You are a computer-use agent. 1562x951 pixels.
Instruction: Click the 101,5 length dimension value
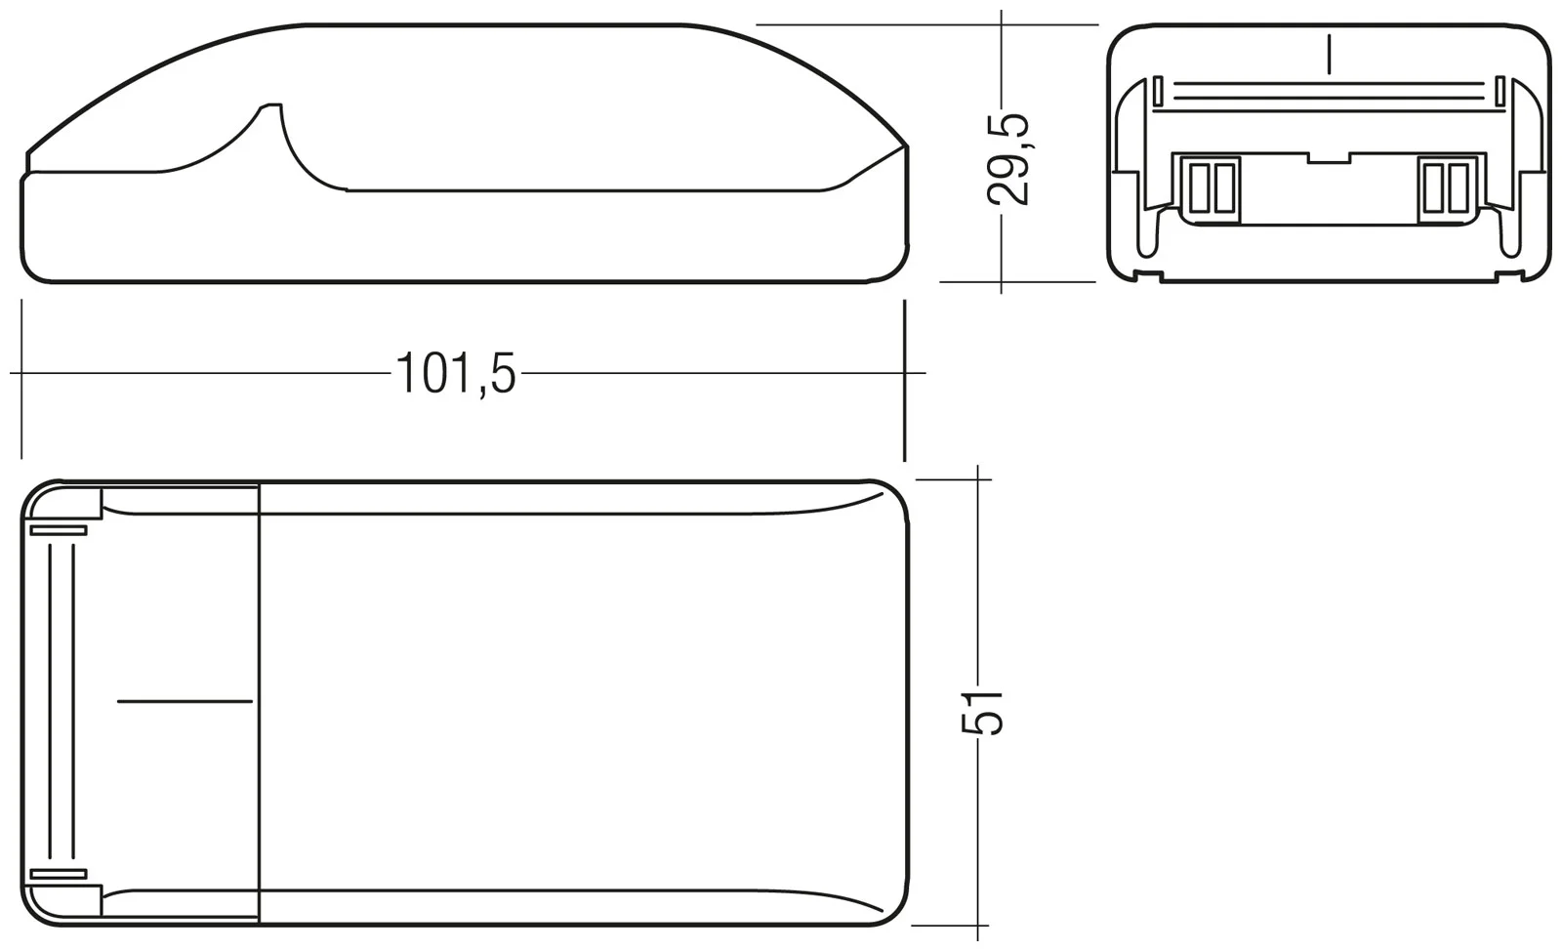[x=455, y=374]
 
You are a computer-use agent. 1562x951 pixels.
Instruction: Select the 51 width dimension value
[x=982, y=711]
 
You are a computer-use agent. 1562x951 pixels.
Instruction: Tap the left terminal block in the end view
[x=1211, y=187]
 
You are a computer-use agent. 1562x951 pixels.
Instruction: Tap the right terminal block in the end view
[x=1446, y=187]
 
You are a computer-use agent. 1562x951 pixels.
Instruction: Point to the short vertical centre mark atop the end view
[x=1329, y=53]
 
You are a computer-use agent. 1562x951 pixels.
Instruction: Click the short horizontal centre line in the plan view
[x=185, y=700]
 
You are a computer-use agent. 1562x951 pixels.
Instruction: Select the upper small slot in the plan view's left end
[x=59, y=530]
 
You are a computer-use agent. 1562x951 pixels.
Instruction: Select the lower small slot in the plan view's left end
[x=59, y=874]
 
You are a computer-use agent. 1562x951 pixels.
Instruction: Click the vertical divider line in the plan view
[x=259, y=700]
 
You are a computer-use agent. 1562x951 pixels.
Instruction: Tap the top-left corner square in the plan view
[x=88, y=504]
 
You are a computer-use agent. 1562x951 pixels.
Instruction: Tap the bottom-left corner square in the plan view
[x=88, y=899]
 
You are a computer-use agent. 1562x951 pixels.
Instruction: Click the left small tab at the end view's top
[x=1157, y=92]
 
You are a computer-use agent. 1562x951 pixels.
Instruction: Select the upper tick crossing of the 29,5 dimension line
[x=1002, y=25]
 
